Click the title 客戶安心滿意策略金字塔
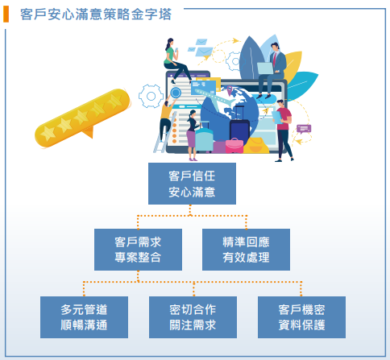96,14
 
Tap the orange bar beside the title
6,14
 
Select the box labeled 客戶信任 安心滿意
192,184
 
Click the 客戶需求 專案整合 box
138,250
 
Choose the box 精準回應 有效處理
246,250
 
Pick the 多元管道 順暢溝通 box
84,317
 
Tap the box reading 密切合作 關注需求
193,317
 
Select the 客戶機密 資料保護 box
301,317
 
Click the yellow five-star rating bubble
82,118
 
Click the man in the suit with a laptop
272,70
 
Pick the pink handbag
234,147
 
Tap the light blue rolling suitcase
204,139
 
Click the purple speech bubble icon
304,129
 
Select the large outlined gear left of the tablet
151,96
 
